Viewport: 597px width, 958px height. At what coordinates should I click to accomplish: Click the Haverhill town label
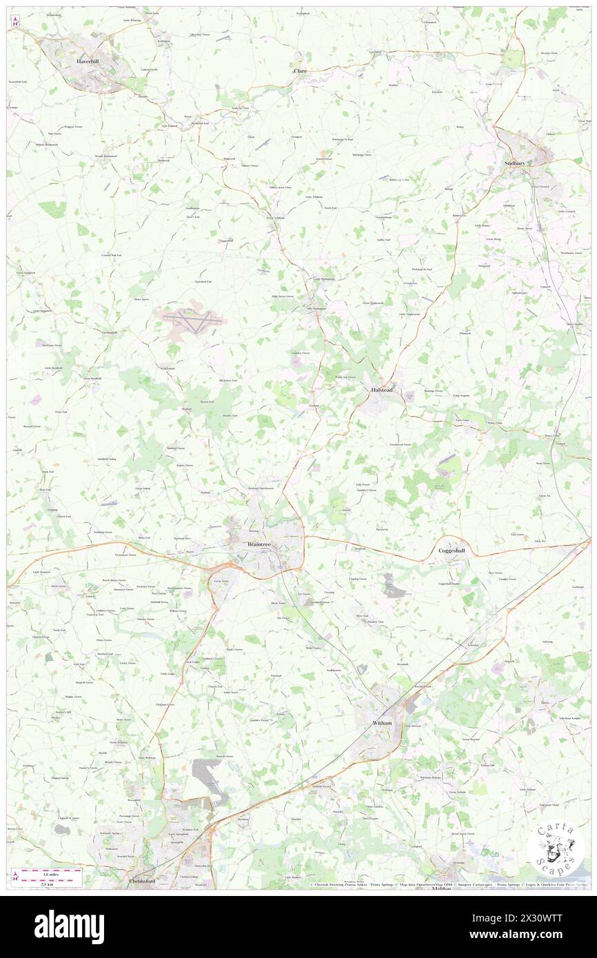90,62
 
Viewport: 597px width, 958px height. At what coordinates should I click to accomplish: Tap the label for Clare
300,71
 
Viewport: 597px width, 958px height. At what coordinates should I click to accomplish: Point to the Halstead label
378,389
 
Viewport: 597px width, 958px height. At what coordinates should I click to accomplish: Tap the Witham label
382,723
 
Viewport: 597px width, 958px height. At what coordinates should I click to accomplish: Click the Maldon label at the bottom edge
441,888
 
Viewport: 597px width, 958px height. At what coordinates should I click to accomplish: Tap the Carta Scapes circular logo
556,849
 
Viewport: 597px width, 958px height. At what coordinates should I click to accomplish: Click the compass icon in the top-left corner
15,21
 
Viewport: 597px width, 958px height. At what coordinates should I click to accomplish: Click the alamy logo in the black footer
69,926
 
